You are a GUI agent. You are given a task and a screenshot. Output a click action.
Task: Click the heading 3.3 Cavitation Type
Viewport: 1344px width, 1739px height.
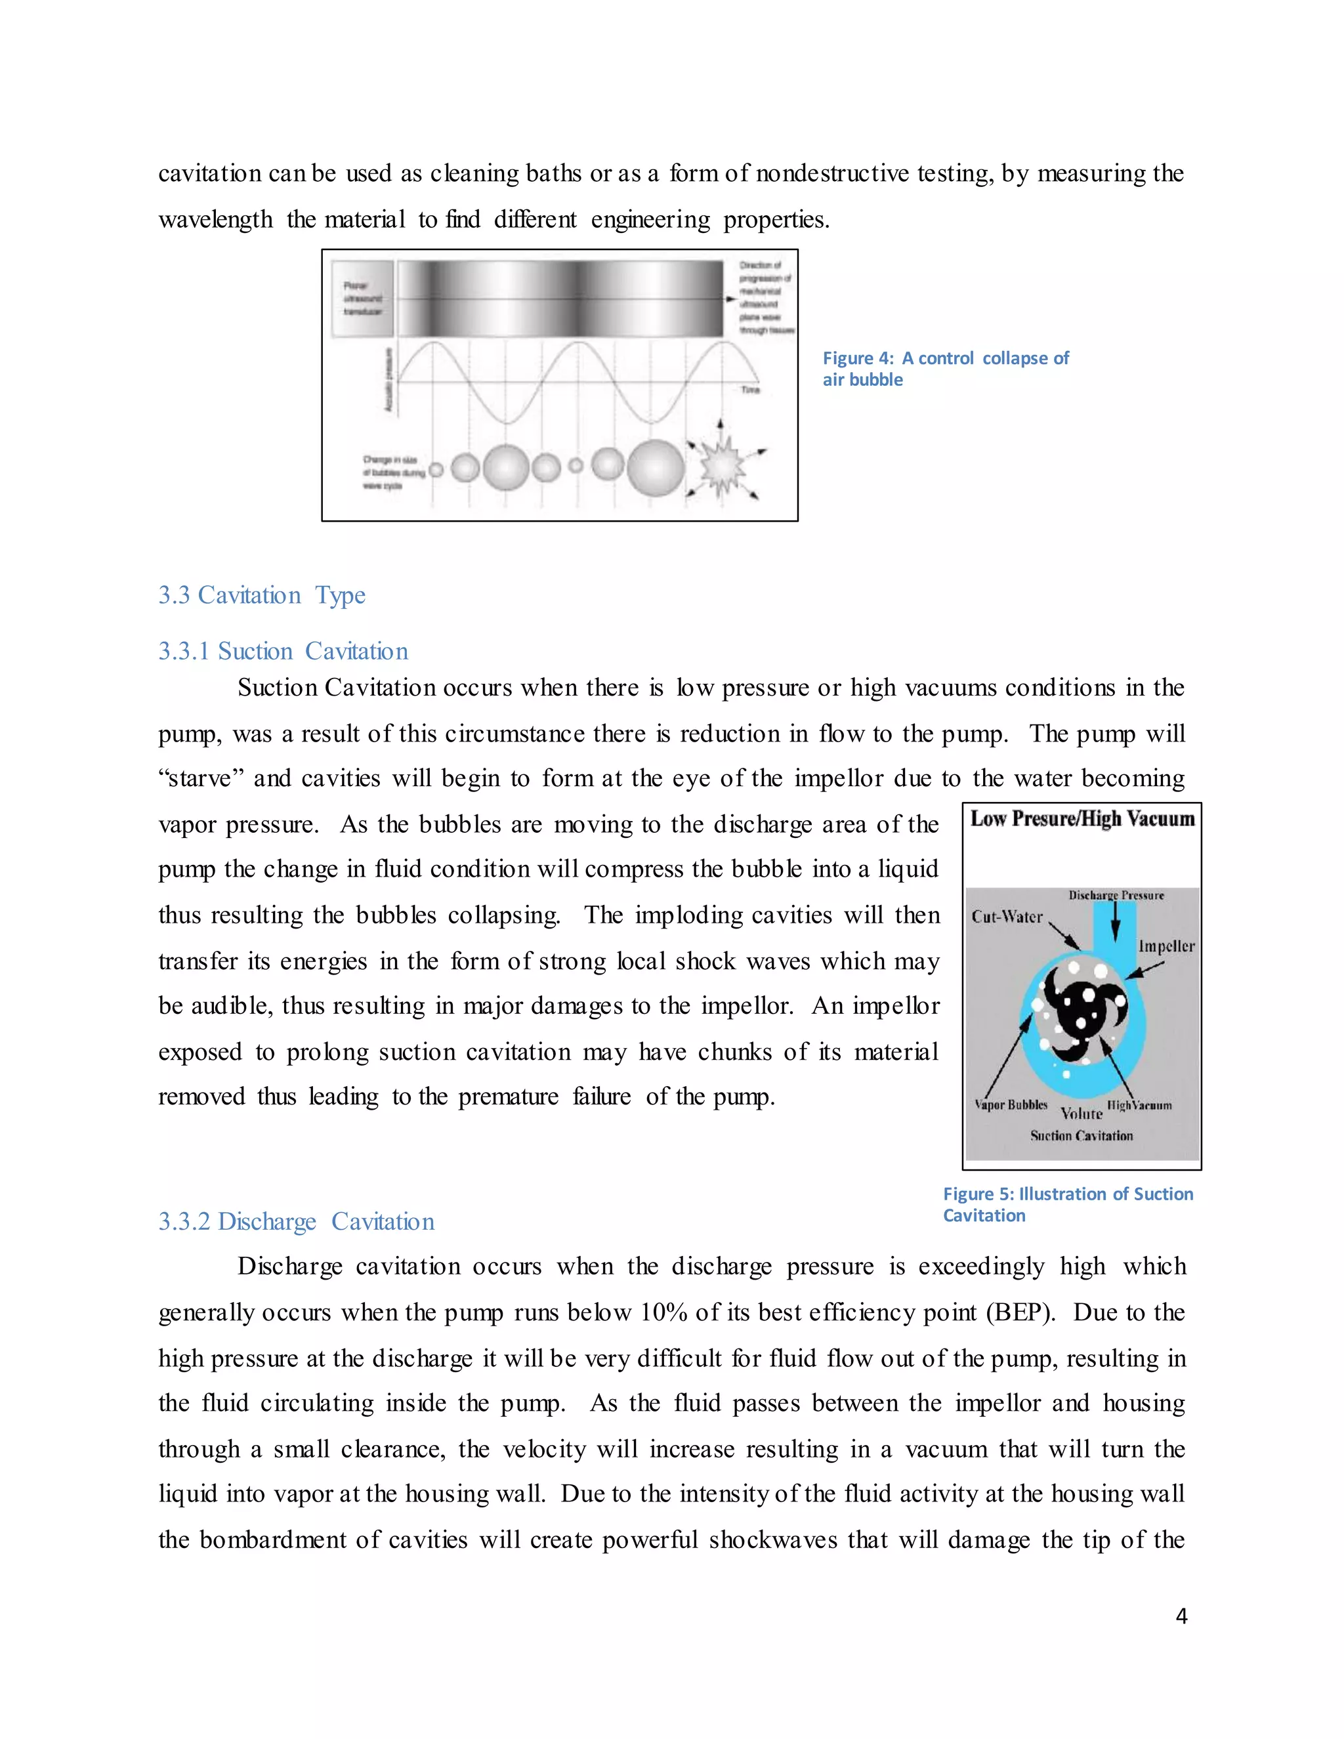(261, 596)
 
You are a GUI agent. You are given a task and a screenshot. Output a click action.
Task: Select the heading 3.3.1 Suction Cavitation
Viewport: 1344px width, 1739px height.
(283, 652)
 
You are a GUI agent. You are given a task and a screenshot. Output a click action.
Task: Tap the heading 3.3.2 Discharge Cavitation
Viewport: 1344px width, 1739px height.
(296, 1221)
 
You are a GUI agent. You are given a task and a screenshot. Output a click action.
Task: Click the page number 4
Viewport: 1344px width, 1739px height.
(1181, 1616)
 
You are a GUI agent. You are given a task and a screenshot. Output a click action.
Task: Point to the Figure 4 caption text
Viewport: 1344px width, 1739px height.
(945, 369)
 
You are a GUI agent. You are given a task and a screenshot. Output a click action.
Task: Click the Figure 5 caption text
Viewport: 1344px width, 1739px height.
(1067, 1204)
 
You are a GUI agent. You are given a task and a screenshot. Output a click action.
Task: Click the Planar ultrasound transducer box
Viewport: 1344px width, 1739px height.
(362, 298)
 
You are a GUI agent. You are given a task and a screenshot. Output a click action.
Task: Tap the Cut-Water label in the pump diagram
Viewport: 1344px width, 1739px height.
(1007, 917)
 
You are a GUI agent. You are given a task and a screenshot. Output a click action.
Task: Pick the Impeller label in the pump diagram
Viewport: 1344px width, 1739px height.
(1165, 946)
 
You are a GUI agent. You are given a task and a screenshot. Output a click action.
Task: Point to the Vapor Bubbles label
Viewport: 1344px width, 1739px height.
(1011, 1104)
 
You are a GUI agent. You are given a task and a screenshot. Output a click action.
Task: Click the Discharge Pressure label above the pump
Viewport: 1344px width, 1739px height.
(1116, 895)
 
